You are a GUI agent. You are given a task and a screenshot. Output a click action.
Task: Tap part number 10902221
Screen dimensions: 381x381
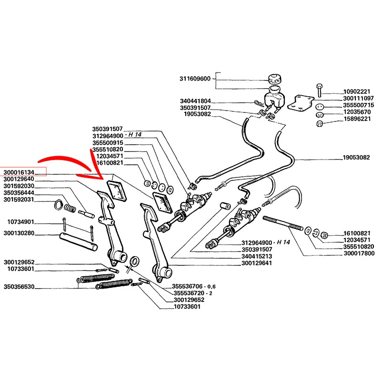pos(357,91)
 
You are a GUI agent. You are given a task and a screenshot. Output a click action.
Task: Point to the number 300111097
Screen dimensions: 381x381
pos(357,98)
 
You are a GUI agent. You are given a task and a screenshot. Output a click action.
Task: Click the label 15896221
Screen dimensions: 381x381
pos(357,119)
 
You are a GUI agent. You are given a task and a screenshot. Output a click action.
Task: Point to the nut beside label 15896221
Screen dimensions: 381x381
pos(320,124)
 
